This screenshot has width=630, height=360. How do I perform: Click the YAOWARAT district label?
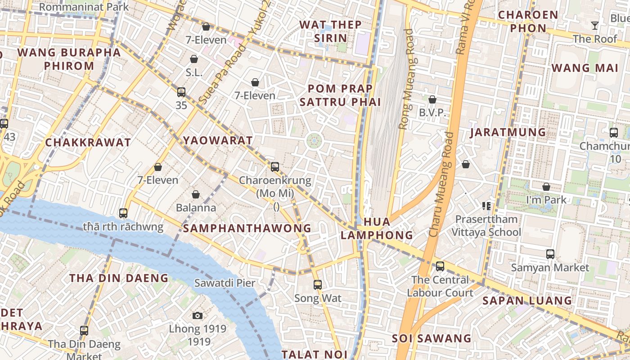click(x=218, y=140)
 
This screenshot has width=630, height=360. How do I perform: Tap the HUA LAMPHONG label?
click(x=377, y=228)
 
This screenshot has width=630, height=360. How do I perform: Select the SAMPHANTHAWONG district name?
click(x=247, y=228)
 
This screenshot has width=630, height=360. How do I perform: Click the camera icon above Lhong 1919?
click(x=198, y=315)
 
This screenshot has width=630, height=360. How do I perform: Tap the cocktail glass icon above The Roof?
click(x=595, y=26)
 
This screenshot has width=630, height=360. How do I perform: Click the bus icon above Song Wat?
click(x=318, y=284)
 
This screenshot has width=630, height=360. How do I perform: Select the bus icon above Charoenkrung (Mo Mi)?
click(x=275, y=167)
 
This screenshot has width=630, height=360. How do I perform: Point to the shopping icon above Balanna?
click(x=196, y=194)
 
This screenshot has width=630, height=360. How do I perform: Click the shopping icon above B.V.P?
click(x=432, y=99)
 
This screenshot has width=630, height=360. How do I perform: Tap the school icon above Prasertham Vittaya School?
click(x=486, y=206)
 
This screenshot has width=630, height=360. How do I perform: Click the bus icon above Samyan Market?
click(x=550, y=254)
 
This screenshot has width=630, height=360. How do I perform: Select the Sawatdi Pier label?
click(x=225, y=283)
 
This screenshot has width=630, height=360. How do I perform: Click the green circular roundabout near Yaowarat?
click(x=314, y=141)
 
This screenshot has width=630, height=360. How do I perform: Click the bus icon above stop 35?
click(x=181, y=92)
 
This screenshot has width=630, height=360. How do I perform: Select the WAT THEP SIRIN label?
click(x=330, y=31)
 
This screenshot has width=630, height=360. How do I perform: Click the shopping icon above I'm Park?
click(x=546, y=187)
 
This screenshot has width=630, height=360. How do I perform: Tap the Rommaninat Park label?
click(x=84, y=7)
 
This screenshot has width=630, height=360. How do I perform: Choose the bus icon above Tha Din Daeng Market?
click(x=84, y=331)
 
